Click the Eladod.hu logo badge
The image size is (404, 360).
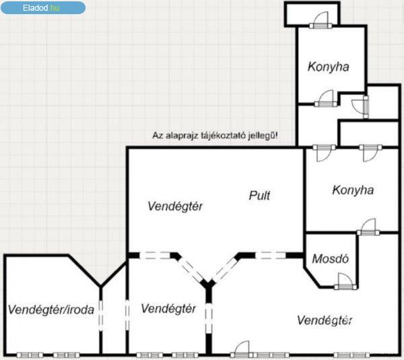(43, 7)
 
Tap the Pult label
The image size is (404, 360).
(259, 196)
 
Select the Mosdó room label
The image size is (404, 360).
(331, 259)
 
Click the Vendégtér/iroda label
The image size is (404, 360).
(50, 309)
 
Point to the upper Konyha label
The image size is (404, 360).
(329, 67)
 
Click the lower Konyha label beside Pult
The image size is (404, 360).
(353, 190)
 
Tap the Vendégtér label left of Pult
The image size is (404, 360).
(175, 206)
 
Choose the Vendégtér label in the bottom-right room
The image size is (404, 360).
(325, 320)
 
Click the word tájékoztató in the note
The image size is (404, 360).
(222, 136)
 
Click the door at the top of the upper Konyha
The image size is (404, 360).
(321, 20)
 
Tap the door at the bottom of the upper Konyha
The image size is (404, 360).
(326, 98)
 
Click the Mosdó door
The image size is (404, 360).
(345, 281)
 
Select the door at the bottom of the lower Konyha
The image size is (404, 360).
(368, 227)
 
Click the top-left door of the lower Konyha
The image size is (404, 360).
(324, 153)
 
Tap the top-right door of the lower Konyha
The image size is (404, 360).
(370, 153)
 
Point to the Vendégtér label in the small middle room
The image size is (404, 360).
(168, 308)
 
